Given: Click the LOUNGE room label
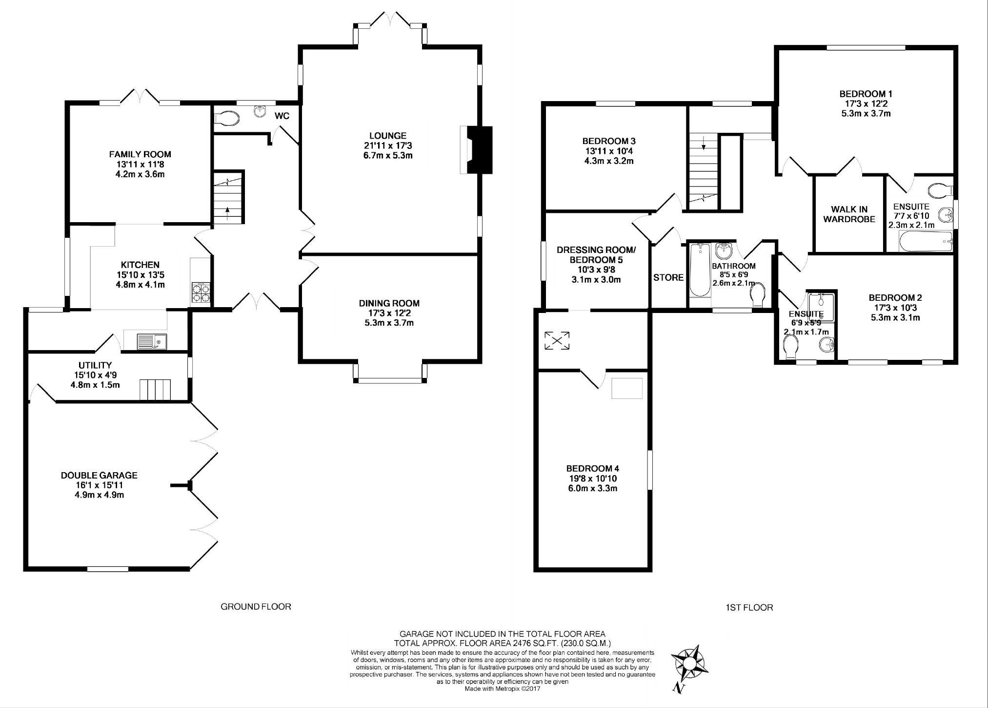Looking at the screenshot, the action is point(388,136).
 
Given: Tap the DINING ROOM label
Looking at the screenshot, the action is point(389,303).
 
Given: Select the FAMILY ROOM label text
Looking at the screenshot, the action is point(140,154).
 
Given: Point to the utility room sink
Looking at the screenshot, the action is point(152,341).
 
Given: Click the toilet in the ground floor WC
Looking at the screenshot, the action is point(227,118).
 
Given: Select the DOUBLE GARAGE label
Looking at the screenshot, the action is point(99,475).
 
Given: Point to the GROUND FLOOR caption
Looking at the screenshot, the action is point(256,606).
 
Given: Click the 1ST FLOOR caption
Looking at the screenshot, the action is point(749,607).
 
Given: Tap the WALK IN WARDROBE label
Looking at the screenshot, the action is point(849,214).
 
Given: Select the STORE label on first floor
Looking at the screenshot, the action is point(668,277).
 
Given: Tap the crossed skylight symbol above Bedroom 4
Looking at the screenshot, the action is point(557,340).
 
